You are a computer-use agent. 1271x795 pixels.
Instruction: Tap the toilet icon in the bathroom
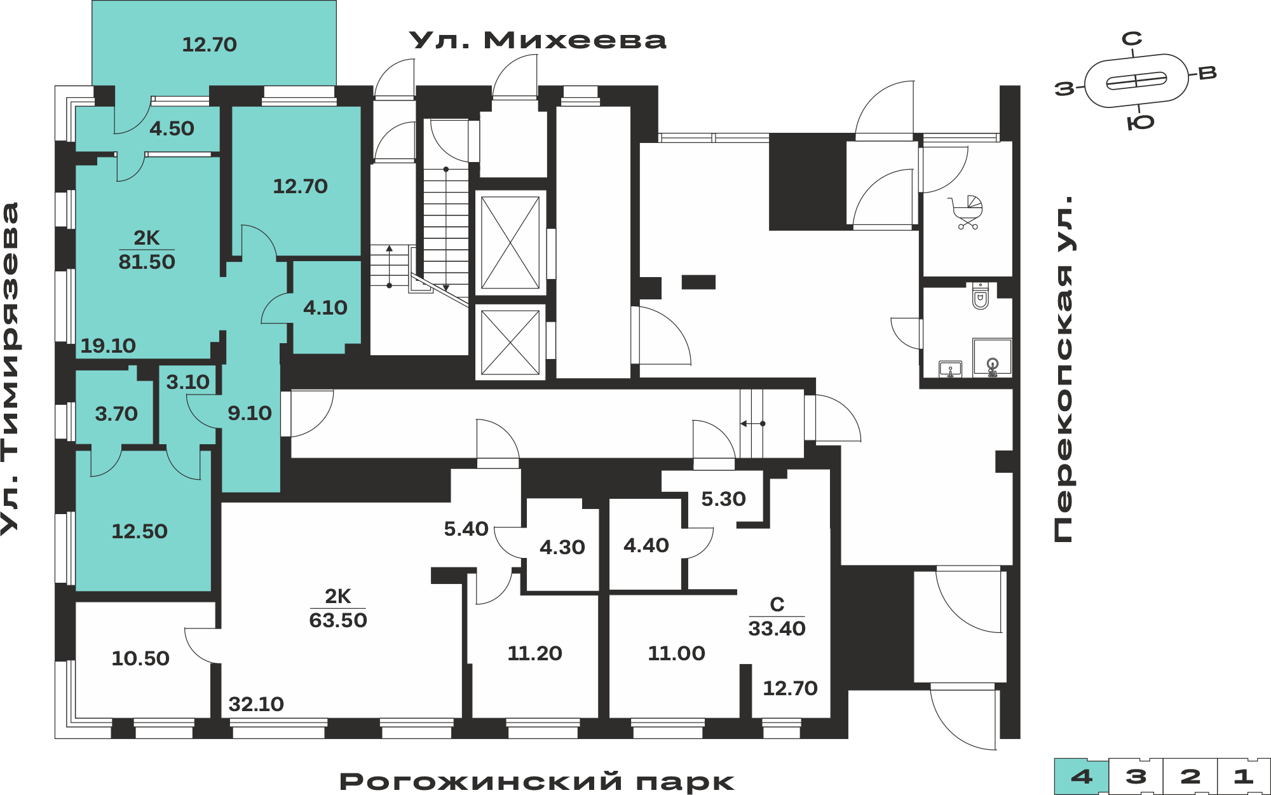click(x=981, y=296)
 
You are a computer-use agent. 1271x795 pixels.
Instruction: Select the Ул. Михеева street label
click(x=538, y=40)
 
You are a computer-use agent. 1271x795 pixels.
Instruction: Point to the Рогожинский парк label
click(x=537, y=782)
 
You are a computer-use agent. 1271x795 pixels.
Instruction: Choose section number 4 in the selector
click(x=1082, y=776)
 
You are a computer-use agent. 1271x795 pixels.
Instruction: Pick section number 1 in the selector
click(x=1244, y=776)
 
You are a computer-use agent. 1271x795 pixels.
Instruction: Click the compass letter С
click(x=1132, y=39)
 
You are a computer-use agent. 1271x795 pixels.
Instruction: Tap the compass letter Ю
click(x=1141, y=123)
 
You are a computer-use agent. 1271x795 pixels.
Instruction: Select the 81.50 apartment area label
click(x=147, y=262)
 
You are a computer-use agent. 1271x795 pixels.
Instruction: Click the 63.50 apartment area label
click(x=338, y=620)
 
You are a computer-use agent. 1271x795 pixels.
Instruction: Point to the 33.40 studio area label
click(x=777, y=629)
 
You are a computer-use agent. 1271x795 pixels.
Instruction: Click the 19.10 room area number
click(x=108, y=346)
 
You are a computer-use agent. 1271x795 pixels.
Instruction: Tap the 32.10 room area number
click(x=256, y=704)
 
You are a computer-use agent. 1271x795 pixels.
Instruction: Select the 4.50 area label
click(x=172, y=129)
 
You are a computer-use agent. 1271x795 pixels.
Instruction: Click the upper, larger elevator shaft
click(x=510, y=243)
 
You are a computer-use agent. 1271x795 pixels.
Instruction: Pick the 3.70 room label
click(x=116, y=414)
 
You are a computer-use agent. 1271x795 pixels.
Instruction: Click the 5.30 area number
click(x=723, y=499)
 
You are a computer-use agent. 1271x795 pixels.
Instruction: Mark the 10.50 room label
click(x=140, y=658)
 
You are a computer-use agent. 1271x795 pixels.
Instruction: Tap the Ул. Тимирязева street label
click(x=11, y=369)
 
